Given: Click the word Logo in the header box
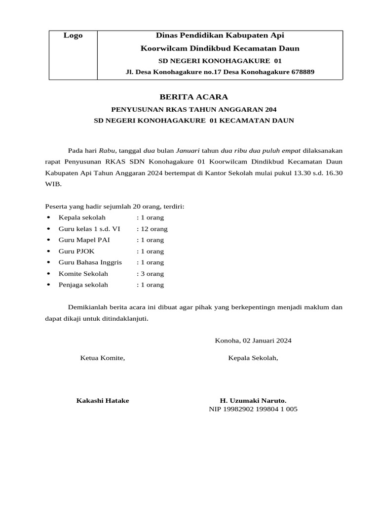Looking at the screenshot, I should pos(73,36).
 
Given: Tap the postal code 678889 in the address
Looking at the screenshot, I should pos(303,72).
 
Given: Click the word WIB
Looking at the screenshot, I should pos(53,184).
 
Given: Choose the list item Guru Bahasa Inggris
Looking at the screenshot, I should pos(90,262).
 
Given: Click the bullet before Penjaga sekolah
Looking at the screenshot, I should pos(48,285).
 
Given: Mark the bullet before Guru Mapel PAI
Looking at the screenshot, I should pos(48,240).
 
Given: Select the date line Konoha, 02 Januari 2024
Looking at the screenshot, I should pos(253,340).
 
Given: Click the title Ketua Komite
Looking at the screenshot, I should pos(103,358).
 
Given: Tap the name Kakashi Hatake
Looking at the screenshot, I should pos(103,401).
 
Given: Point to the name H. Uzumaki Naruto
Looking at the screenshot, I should pos(253,401).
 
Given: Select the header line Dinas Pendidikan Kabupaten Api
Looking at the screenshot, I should pos(220,36).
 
